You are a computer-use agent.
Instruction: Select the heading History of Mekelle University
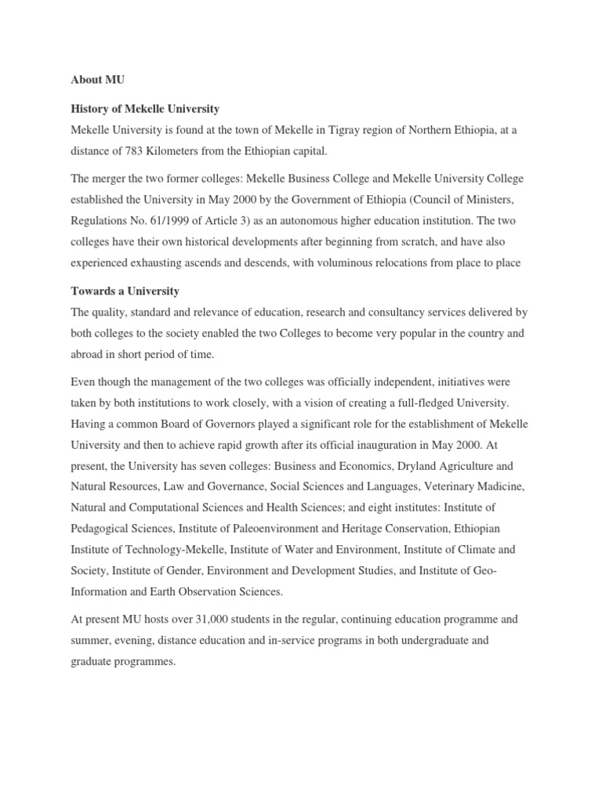point(145,108)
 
